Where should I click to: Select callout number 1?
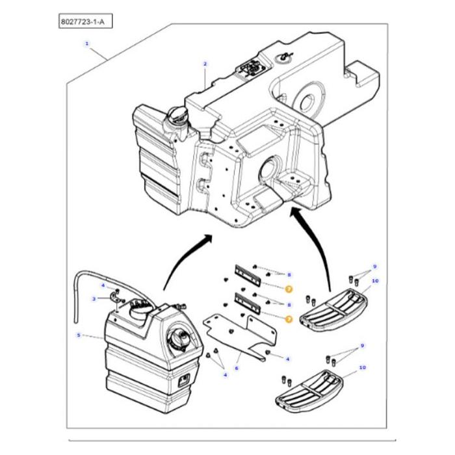(86, 44)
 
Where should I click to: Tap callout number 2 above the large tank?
(205, 64)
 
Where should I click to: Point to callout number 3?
(94, 299)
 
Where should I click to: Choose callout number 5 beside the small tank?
(79, 335)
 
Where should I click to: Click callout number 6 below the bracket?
(237, 368)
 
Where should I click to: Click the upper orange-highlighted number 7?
(289, 287)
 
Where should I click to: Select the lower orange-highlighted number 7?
(289, 318)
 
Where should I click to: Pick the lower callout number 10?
(362, 368)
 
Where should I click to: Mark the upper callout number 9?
(374, 266)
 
